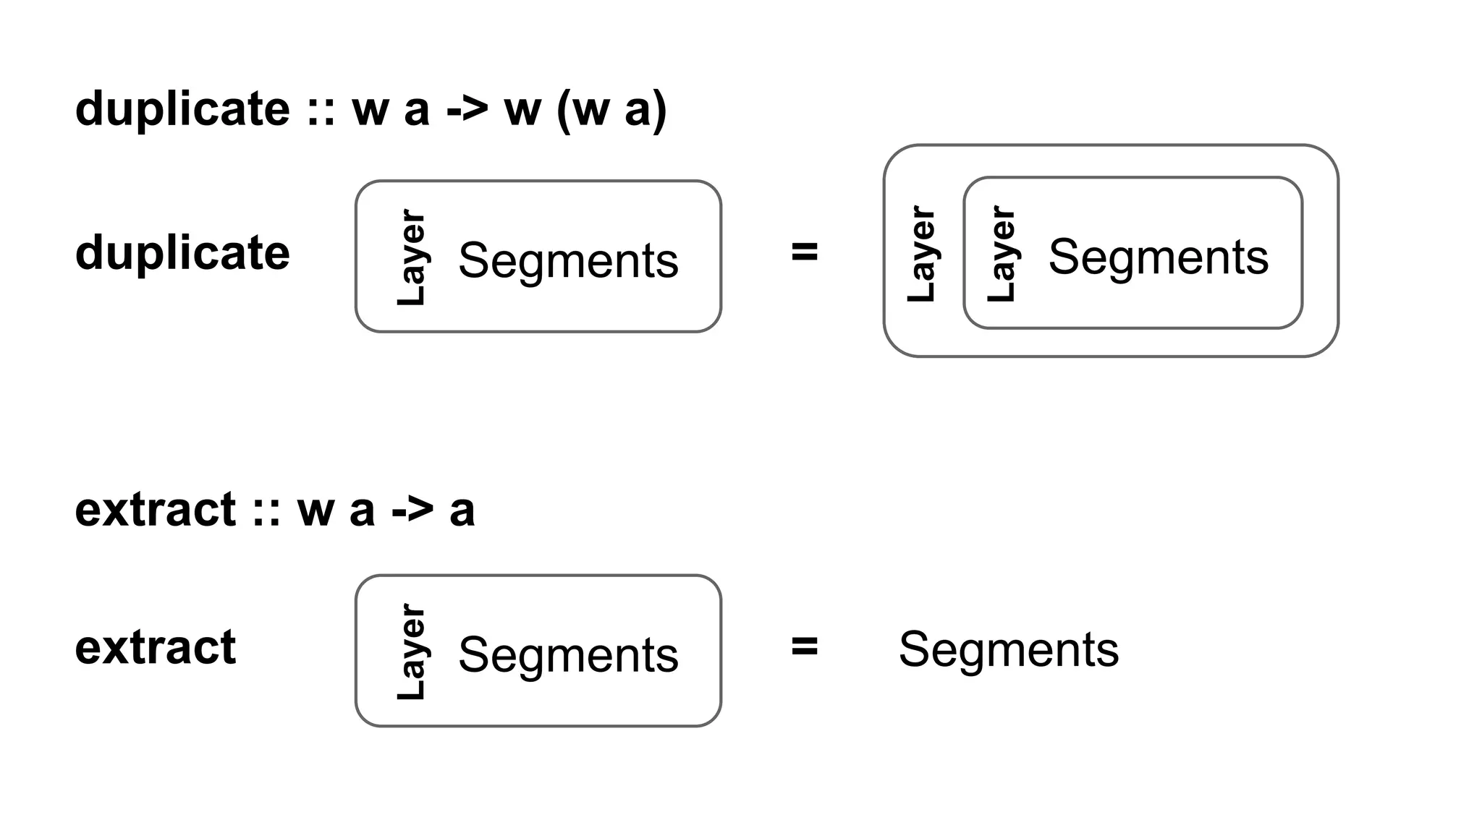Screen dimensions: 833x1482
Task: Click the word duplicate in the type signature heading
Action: tap(182, 109)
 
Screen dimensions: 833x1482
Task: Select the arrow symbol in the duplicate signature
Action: tap(467, 109)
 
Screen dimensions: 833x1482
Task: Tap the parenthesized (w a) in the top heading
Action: tap(611, 111)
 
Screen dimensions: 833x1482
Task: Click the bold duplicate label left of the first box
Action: tap(182, 253)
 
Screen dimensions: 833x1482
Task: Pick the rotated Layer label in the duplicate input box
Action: tap(412, 258)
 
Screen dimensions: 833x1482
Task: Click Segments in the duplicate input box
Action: tap(568, 260)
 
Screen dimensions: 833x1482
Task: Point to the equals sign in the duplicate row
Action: tap(805, 252)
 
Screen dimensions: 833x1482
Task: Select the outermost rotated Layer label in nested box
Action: tap(921, 254)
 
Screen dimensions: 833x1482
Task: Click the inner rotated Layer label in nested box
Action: tap(1002, 254)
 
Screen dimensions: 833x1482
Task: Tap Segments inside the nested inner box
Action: tap(1158, 257)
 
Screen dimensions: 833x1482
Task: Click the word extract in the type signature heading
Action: tap(156, 510)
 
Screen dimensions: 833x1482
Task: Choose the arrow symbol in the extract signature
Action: tap(412, 510)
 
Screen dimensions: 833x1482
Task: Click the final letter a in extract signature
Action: tap(462, 511)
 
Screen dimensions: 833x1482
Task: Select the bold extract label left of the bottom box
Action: tap(156, 647)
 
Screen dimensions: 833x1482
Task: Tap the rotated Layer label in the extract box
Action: tap(412, 652)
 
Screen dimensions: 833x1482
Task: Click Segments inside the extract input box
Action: tap(568, 655)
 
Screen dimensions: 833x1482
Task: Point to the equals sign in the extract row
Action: tap(805, 646)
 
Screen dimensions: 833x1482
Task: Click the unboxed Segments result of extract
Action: tap(1008, 649)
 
